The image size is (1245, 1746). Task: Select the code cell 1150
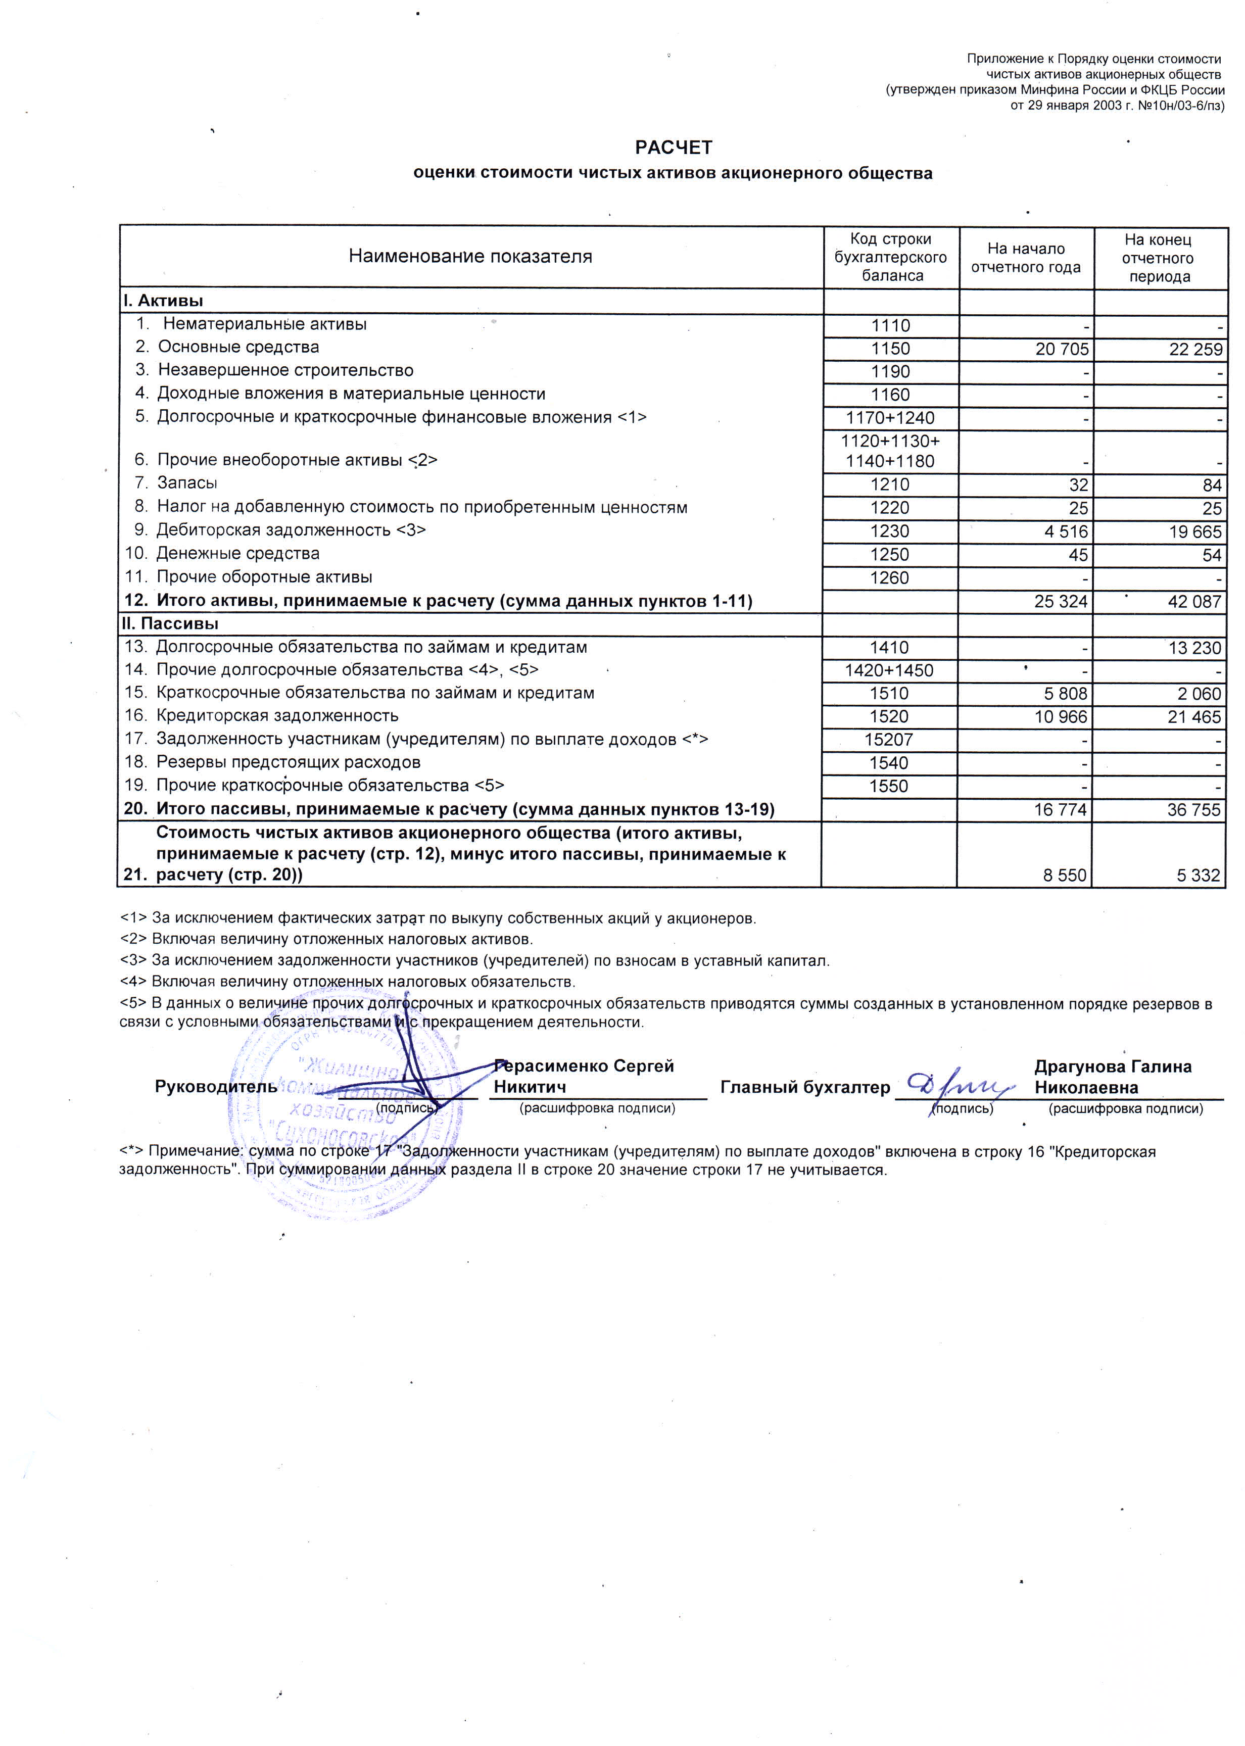click(x=890, y=349)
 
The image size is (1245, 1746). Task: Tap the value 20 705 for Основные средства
click(x=1062, y=350)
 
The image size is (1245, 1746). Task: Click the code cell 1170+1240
click(x=890, y=418)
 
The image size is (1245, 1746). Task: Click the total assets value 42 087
click(x=1194, y=602)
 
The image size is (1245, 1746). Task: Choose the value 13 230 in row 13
click(x=1194, y=648)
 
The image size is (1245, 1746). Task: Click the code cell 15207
click(x=889, y=740)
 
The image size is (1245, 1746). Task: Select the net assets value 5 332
click(x=1198, y=876)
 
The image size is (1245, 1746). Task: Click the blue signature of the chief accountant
click(x=959, y=1085)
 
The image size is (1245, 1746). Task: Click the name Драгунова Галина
click(x=1113, y=1067)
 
